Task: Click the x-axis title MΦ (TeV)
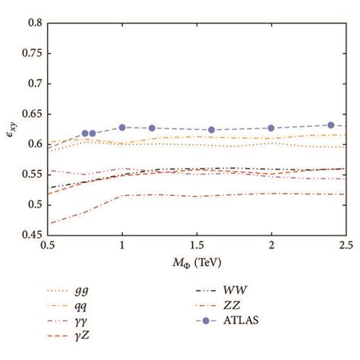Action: (197, 263)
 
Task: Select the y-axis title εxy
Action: (10, 128)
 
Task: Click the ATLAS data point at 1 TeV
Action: (122, 128)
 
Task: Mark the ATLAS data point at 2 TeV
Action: (271, 128)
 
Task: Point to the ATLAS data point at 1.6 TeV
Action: (211, 130)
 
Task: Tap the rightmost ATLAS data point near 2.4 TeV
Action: (330, 125)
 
